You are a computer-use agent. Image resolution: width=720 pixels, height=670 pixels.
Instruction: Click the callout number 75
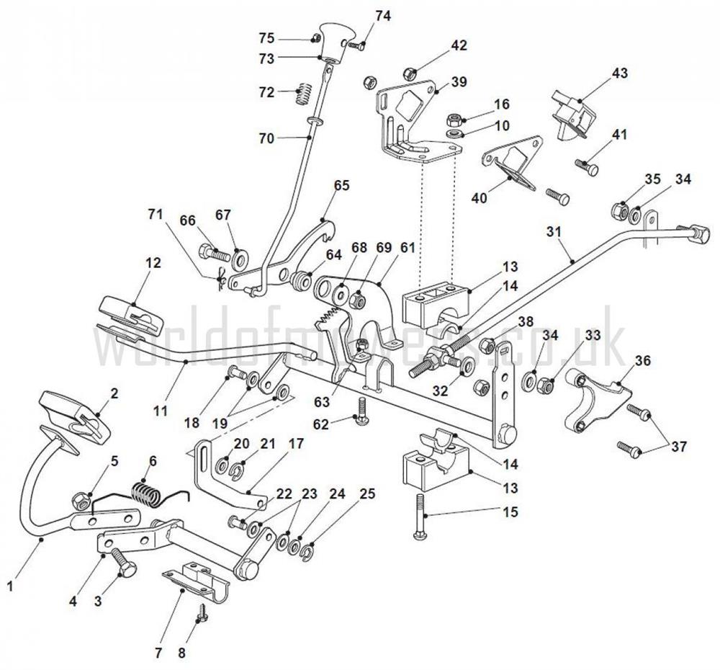coord(266,37)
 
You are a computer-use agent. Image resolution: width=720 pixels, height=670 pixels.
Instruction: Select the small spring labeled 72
coord(305,93)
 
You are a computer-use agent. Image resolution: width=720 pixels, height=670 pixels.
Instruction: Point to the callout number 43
coord(620,73)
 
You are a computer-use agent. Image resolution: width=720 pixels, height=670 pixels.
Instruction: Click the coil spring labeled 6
coord(148,495)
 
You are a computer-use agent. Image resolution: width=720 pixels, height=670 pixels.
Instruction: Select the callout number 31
coord(553,231)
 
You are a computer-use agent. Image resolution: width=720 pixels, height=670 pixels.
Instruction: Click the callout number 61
coord(408,248)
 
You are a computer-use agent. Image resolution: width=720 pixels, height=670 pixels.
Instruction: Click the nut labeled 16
coord(454,118)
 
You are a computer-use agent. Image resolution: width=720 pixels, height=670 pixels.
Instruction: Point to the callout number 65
coord(341,185)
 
